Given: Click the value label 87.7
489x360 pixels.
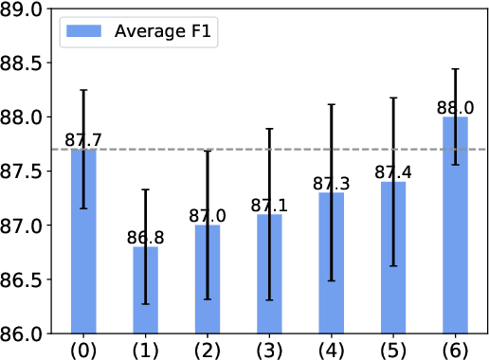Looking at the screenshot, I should tap(83, 140).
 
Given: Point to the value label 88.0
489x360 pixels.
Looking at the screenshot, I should tap(455, 108).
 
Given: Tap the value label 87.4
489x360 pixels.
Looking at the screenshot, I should tap(392, 172).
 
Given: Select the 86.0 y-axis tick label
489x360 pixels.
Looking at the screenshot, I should tap(24, 334).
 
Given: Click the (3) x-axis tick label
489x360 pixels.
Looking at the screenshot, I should tap(269, 349).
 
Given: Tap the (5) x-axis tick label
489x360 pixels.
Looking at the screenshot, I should tap(392, 349).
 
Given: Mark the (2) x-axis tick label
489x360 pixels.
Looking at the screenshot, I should tap(207, 349).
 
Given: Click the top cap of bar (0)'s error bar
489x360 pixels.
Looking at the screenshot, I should tap(83, 90).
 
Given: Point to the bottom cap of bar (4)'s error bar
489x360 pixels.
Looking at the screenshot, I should tap(331, 280).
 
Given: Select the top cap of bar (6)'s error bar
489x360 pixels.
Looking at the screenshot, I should tap(455, 69).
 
